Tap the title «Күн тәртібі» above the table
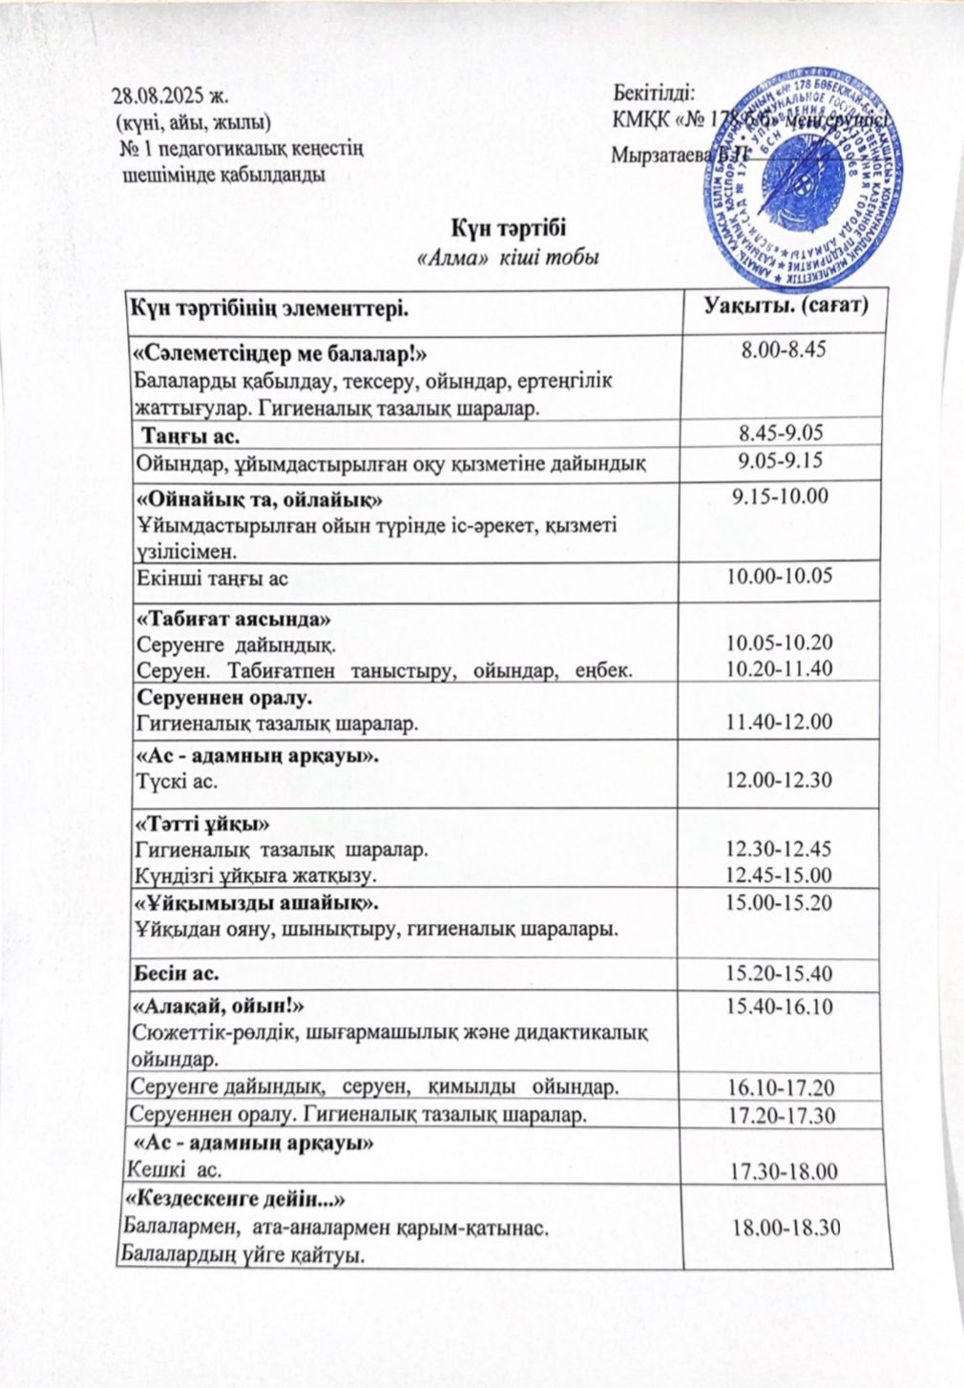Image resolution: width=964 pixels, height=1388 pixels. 508,229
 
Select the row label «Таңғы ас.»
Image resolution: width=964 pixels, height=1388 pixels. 191,434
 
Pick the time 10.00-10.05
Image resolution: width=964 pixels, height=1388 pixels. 780,576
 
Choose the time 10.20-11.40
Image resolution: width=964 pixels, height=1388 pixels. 780,668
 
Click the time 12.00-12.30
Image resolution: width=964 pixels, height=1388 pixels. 780,781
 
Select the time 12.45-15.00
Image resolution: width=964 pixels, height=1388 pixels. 780,874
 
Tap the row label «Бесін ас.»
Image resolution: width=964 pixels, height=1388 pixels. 177,975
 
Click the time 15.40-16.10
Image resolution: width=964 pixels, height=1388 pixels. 780,1006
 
